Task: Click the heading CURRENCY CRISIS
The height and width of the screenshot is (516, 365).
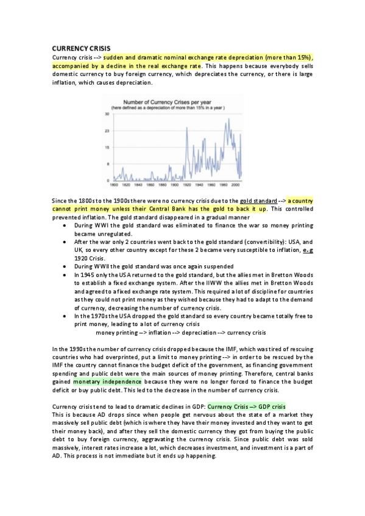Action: [76, 48]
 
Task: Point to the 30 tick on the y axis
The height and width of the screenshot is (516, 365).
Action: [107, 114]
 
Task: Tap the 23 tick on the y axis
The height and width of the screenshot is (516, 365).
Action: [107, 130]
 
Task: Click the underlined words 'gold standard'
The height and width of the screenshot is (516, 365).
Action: [258, 200]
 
